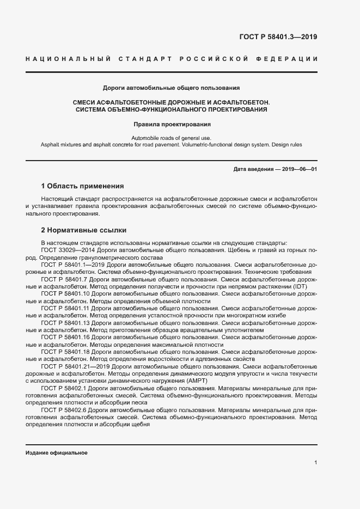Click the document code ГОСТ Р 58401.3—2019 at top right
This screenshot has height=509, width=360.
pos(278,37)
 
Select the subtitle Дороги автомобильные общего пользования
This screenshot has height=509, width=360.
pos(172,87)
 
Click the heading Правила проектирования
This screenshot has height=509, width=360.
pos(172,124)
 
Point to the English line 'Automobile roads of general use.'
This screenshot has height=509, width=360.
pos(172,138)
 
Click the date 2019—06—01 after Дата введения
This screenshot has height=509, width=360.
pos(299,169)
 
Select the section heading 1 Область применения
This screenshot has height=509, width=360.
pos(83,186)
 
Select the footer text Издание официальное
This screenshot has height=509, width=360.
pos(56,453)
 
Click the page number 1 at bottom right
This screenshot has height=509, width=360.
pos(315,462)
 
